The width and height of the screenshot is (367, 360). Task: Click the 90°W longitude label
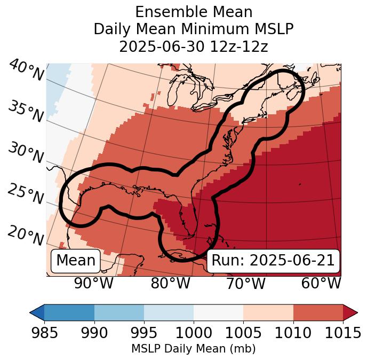coord(93,283)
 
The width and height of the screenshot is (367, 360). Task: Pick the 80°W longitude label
coord(170,283)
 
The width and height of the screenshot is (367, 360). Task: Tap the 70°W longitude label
coord(245,283)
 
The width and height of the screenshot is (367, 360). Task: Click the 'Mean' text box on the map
coord(76,261)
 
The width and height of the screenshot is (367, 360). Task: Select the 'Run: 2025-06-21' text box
coord(273,261)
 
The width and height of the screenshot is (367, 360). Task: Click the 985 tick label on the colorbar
coord(44,333)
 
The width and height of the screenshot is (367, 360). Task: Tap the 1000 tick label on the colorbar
coord(194,333)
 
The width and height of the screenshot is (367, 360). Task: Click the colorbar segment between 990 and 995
coord(119,312)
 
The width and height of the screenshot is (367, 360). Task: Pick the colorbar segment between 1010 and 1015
coord(318,312)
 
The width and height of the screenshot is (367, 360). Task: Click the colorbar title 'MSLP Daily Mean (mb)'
coord(193,349)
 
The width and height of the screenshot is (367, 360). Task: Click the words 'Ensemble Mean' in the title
coord(194,12)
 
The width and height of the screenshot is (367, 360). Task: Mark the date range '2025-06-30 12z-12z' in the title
coord(194,46)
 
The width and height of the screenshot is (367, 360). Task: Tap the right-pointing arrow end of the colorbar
coord(350,312)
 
